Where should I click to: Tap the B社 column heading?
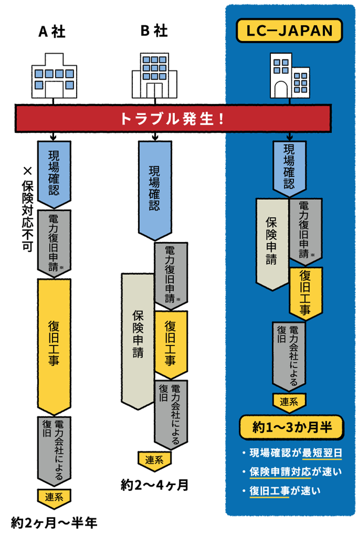(x=154, y=31)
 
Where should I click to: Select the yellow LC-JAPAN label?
(x=290, y=31)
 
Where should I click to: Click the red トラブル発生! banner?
(x=175, y=118)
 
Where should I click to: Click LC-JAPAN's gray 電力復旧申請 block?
(x=305, y=229)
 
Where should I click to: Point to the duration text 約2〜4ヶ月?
(x=154, y=486)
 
